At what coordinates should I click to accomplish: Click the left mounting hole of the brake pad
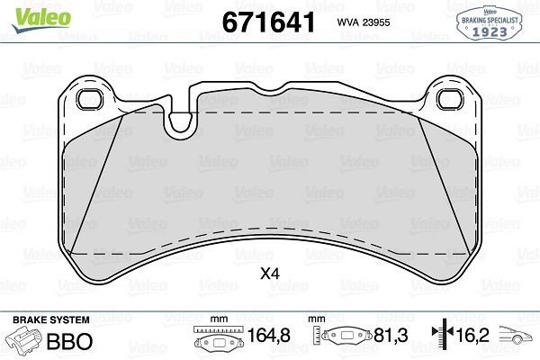click(89, 99)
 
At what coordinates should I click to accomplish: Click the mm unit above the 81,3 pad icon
click(315, 319)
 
